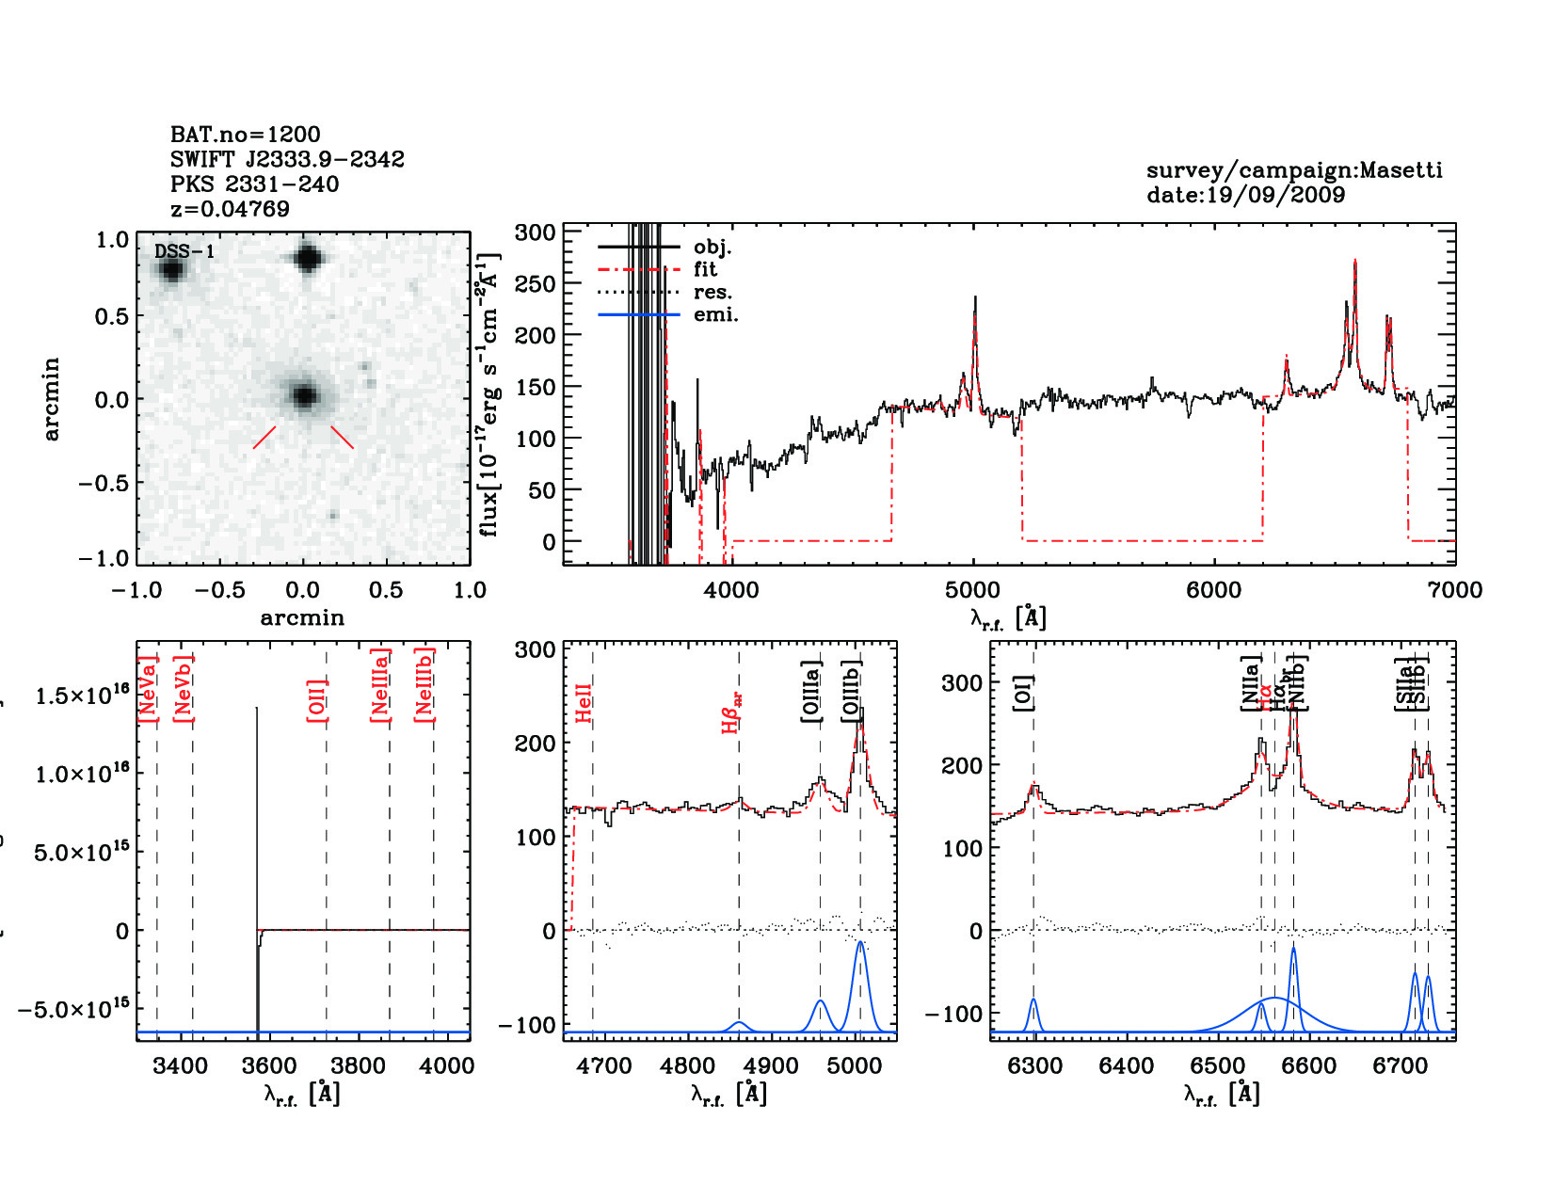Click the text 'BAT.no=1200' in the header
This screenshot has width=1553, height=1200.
(x=245, y=135)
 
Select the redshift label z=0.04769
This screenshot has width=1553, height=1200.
(x=230, y=209)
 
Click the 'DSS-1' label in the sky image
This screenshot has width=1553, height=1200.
(x=184, y=251)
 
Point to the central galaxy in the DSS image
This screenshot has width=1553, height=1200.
(x=303, y=396)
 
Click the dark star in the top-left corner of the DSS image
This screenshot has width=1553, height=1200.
(x=171, y=270)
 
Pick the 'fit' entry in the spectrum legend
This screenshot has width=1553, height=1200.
(x=705, y=270)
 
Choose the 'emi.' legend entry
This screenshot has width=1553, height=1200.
(x=715, y=315)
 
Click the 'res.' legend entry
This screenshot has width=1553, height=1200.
(x=712, y=293)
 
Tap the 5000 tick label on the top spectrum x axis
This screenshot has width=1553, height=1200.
(x=972, y=590)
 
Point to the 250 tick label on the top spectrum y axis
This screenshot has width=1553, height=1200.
(x=536, y=283)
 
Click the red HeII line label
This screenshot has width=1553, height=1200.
(x=584, y=703)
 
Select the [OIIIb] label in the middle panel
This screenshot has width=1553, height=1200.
(x=852, y=692)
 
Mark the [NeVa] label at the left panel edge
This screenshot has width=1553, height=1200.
(x=147, y=689)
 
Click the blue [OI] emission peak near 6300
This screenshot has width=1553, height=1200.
(x=1033, y=1000)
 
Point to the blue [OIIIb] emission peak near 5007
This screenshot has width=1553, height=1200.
(x=860, y=944)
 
